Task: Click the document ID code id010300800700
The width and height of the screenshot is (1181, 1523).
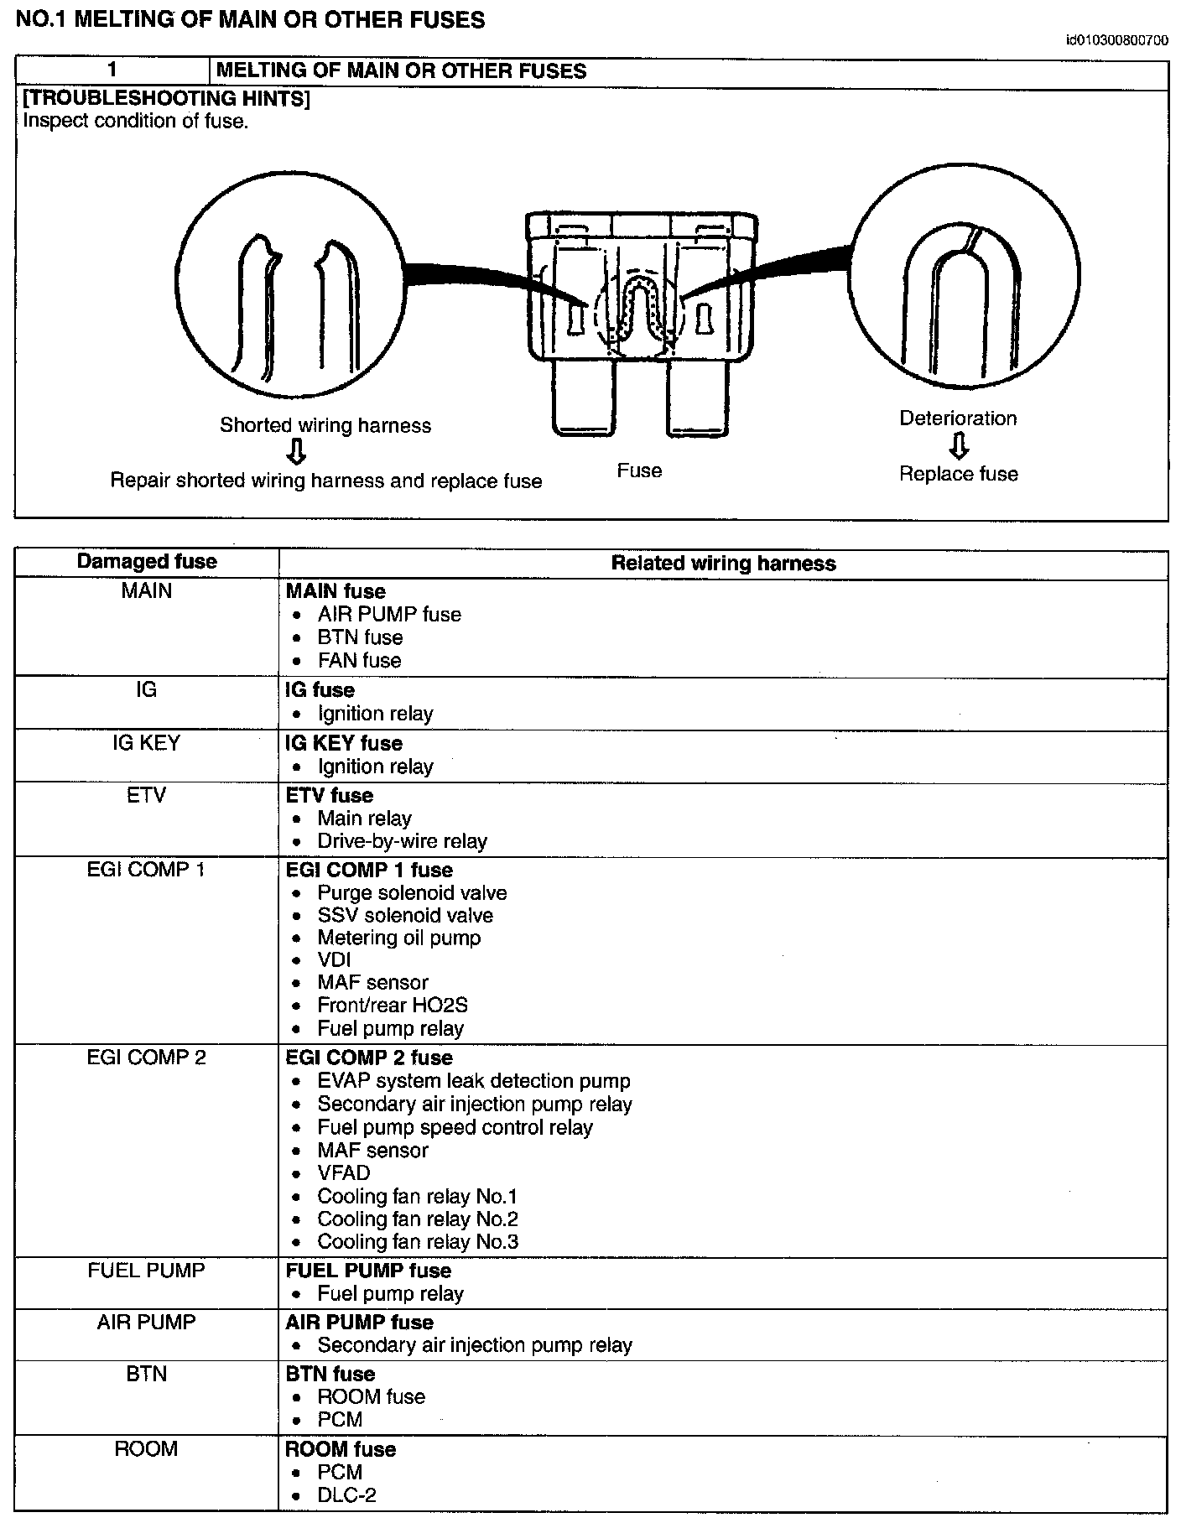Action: [x=1116, y=39]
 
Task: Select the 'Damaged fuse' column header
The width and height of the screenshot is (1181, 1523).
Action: [x=147, y=562]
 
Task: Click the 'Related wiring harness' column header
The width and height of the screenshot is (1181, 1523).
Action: [x=723, y=564]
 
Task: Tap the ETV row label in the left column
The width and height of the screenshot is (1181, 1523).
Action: [x=147, y=795]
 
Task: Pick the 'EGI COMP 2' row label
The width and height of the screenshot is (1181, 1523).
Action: [x=147, y=1058]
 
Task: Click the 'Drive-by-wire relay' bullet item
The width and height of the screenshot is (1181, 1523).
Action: [x=402, y=841]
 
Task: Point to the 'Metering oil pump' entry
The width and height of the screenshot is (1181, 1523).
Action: [x=398, y=938]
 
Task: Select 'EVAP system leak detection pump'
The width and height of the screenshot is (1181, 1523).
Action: [x=473, y=1081]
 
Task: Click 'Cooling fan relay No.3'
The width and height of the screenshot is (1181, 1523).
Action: [x=418, y=1242]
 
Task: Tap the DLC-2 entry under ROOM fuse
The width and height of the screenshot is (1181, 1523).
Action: [x=346, y=1494]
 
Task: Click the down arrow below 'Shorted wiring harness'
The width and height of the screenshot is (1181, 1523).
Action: [x=295, y=453]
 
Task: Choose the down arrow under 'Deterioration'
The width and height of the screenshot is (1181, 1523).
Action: [x=959, y=446]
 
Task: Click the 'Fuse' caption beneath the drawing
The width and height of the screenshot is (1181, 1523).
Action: [x=639, y=470]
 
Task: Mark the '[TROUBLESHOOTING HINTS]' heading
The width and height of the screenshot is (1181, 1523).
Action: [x=167, y=99]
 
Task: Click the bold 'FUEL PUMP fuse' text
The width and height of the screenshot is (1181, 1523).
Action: [x=368, y=1271]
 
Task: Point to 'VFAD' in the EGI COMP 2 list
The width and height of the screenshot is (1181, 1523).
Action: [x=343, y=1173]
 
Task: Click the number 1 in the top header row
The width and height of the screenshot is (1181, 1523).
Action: [x=112, y=70]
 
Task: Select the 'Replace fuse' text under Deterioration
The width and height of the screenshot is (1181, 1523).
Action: [x=959, y=474]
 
